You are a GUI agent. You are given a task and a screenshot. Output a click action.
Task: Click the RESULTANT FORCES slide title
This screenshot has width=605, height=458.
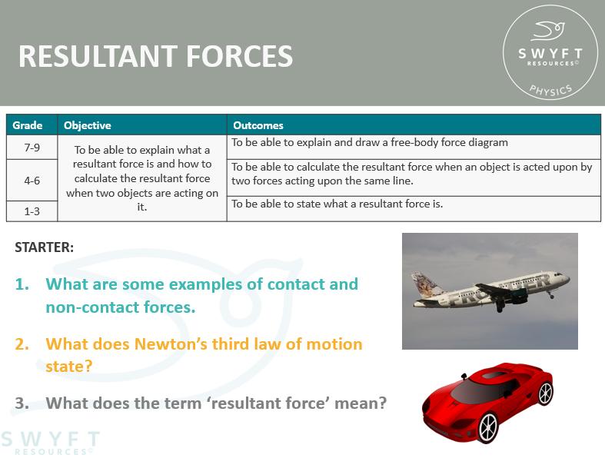155,56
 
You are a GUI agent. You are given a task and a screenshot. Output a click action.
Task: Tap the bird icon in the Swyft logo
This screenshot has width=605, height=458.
548,31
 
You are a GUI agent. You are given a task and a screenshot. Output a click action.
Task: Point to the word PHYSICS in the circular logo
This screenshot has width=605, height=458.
550,90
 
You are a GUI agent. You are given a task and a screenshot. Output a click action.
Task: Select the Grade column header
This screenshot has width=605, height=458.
28,125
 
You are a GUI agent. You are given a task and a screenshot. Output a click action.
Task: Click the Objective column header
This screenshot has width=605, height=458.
87,125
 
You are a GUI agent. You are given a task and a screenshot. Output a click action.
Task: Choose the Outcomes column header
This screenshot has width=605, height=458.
258,125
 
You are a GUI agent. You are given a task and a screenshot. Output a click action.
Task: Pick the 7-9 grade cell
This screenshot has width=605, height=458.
32,148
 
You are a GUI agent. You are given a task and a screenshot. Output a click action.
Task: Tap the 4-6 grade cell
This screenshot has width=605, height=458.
32,180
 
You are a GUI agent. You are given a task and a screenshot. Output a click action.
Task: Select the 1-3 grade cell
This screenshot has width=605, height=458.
32,211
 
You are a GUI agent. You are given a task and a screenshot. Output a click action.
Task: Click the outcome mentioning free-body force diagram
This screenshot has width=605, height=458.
370,142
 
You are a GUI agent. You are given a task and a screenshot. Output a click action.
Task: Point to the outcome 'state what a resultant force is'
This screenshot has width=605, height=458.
337,204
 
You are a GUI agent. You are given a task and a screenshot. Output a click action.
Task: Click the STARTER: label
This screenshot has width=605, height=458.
44,247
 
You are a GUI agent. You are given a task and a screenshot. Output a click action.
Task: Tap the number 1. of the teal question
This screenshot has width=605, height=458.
22,284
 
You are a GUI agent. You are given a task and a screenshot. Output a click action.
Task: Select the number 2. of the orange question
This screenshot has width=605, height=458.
22,343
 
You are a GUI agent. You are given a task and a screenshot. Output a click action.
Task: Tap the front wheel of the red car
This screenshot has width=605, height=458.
487,426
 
